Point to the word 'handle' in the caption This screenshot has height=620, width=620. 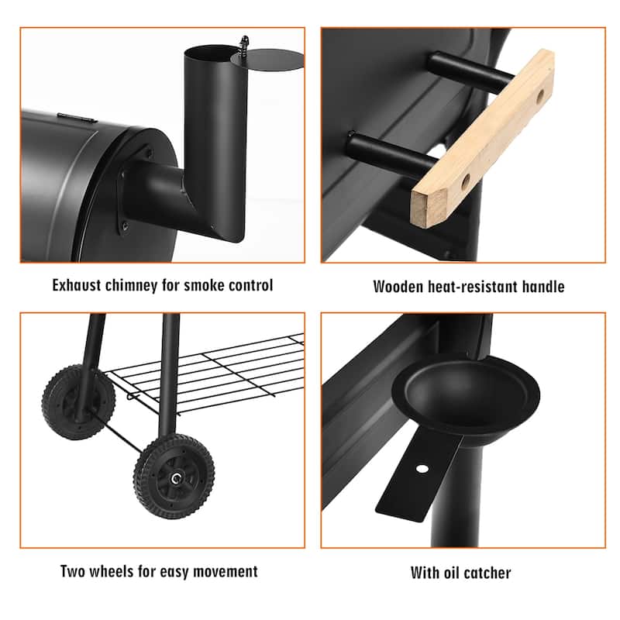click(x=541, y=287)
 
